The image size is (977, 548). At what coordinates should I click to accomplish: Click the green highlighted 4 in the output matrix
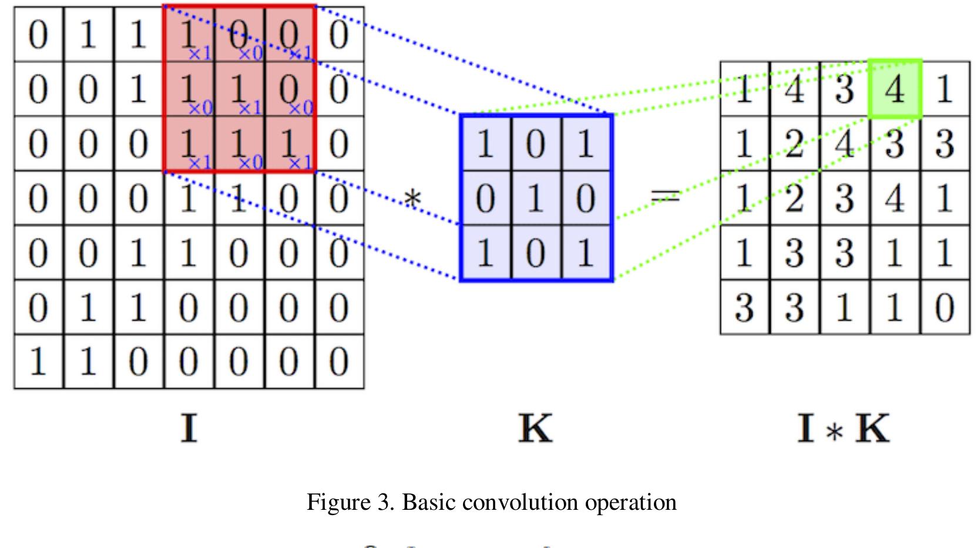click(894, 89)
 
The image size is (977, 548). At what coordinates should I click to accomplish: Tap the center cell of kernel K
click(535, 199)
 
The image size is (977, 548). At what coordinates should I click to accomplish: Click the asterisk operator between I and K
click(412, 199)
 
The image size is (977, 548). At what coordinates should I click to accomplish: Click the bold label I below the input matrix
click(189, 429)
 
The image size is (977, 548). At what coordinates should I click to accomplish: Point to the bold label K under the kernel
click(535, 429)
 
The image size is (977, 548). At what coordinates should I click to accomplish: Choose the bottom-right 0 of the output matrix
click(944, 307)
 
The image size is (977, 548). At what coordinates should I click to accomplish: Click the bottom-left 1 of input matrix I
click(38, 361)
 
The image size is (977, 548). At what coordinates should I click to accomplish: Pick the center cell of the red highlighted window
click(239, 89)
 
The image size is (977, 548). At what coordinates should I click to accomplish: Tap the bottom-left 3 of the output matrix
click(744, 307)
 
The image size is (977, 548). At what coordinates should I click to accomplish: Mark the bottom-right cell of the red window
click(289, 144)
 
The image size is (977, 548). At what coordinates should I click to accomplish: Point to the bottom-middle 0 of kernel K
click(535, 253)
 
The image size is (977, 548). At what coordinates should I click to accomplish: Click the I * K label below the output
click(843, 429)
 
